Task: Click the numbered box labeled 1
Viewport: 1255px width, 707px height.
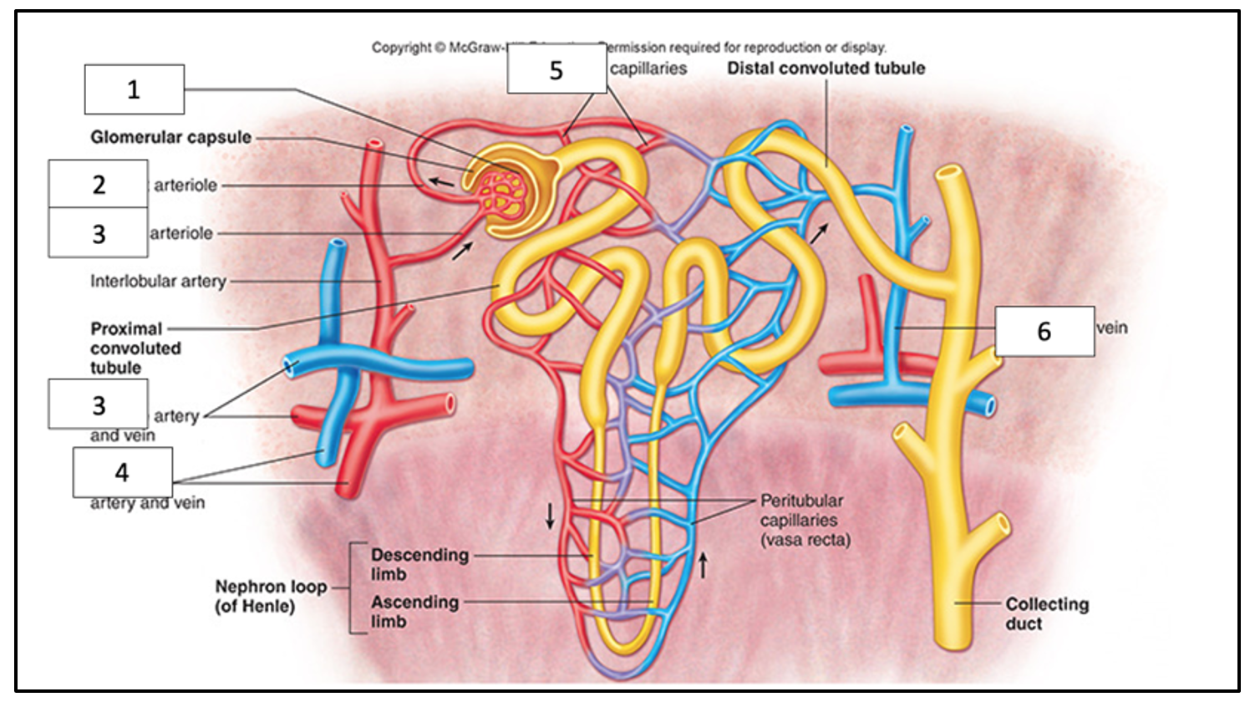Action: click(134, 89)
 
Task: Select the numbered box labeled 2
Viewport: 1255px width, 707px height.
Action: click(98, 184)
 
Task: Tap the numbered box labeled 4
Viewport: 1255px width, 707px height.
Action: click(122, 472)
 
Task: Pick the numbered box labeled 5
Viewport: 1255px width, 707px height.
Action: click(556, 70)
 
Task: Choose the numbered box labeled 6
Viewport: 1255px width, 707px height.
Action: click(1044, 331)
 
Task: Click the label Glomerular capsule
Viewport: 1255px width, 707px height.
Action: click(170, 137)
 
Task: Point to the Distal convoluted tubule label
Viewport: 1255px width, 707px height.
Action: click(826, 69)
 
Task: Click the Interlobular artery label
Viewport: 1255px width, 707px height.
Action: click(158, 282)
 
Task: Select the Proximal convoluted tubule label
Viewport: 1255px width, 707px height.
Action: click(135, 348)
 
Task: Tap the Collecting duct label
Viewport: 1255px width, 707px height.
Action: click(1046, 613)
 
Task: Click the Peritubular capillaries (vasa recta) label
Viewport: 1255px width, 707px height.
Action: click(804, 520)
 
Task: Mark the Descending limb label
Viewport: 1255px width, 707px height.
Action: click(419, 564)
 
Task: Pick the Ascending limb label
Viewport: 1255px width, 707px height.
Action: click(414, 611)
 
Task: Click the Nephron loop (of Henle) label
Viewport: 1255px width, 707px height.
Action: click(270, 596)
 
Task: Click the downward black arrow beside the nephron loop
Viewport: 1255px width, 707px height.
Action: click(550, 516)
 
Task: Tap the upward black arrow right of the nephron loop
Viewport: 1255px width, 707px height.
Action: click(703, 565)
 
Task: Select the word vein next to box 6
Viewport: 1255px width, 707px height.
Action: click(1112, 328)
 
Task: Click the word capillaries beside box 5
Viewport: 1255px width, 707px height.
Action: click(648, 69)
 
